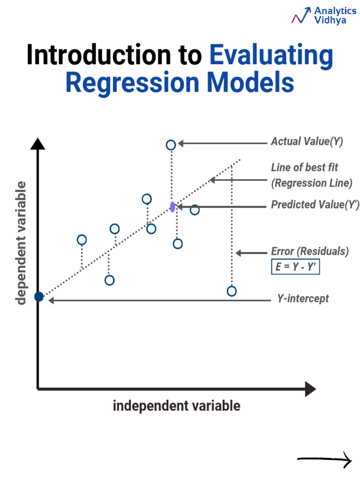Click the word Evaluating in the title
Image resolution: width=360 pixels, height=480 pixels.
pyautogui.click(x=271, y=55)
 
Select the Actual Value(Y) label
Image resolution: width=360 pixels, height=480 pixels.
pyautogui.click(x=307, y=142)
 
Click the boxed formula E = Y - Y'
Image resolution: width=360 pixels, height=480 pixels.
pyautogui.click(x=296, y=266)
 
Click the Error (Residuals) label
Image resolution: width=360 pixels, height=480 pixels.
pyautogui.click(x=310, y=252)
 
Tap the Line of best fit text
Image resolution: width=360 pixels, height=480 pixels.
pyautogui.click(x=304, y=167)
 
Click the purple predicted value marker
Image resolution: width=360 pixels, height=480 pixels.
pyautogui.click(x=172, y=207)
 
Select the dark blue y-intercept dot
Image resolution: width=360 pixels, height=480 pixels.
pyautogui.click(x=39, y=297)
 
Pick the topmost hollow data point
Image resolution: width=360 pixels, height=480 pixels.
pyautogui.click(x=171, y=145)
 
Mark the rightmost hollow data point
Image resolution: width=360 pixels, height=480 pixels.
pyautogui.click(x=232, y=291)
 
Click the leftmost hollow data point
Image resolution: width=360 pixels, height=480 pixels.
pyautogui.click(x=82, y=240)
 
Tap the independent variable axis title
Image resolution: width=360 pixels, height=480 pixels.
pyautogui.click(x=176, y=406)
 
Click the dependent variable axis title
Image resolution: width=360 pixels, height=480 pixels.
pyautogui.click(x=22, y=243)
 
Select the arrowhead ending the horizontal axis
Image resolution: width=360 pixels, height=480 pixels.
pyautogui.click(x=310, y=389)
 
